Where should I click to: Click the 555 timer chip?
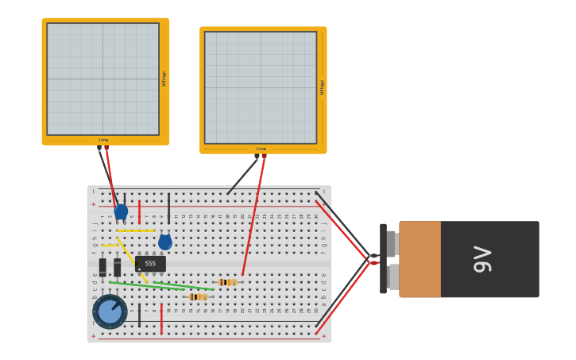coord(150,263)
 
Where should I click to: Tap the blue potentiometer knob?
coord(110,312)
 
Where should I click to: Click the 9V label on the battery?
coord(482,260)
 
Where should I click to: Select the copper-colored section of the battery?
coord(419,259)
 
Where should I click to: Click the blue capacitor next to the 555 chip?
coord(165,242)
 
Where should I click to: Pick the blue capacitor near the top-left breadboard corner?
coord(121,212)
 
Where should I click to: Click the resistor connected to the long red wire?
coord(227,282)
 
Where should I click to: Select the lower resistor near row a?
coord(198,296)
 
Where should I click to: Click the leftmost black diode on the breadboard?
coord(102,267)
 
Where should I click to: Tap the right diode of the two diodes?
coord(118,267)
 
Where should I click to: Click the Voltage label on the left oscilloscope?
coord(164,79)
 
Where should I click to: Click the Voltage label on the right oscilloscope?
coord(322,87)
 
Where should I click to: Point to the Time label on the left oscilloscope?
coord(103,140)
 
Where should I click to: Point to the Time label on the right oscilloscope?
coord(261,149)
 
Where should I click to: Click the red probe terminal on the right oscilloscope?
coord(265,157)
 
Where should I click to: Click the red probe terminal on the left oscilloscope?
coord(106,148)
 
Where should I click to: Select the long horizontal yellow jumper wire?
coord(136,231)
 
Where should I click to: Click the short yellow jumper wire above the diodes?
coord(110,246)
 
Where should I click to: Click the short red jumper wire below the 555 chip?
coord(161,319)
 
